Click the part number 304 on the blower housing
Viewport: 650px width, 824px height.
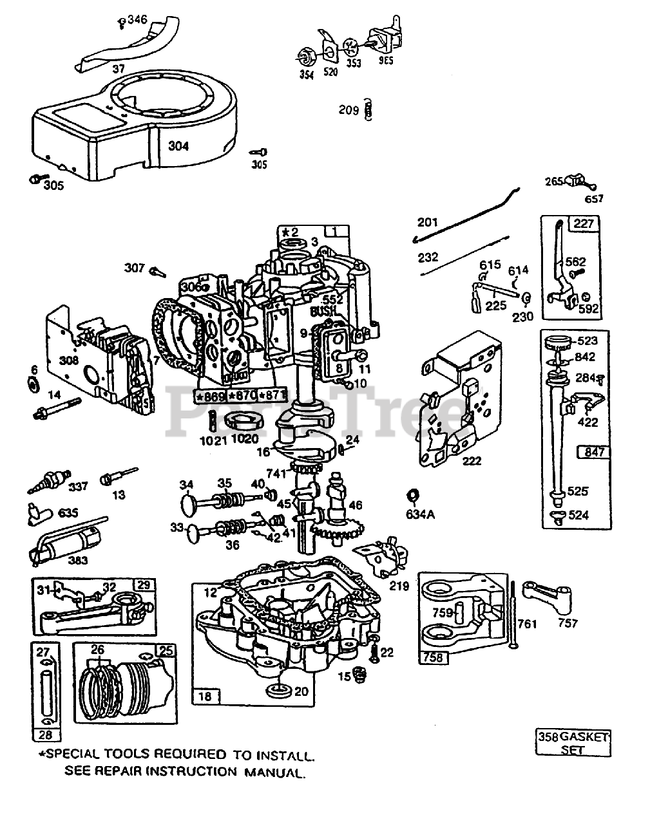pyautogui.click(x=178, y=146)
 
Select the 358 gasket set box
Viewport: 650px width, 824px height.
pyautogui.click(x=573, y=742)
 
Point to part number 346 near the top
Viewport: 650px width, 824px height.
pyautogui.click(x=137, y=21)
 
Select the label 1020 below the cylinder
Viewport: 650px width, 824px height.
pyautogui.click(x=244, y=439)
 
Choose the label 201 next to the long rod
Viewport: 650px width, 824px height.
pyautogui.click(x=427, y=223)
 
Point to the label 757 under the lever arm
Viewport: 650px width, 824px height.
pyautogui.click(x=568, y=623)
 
